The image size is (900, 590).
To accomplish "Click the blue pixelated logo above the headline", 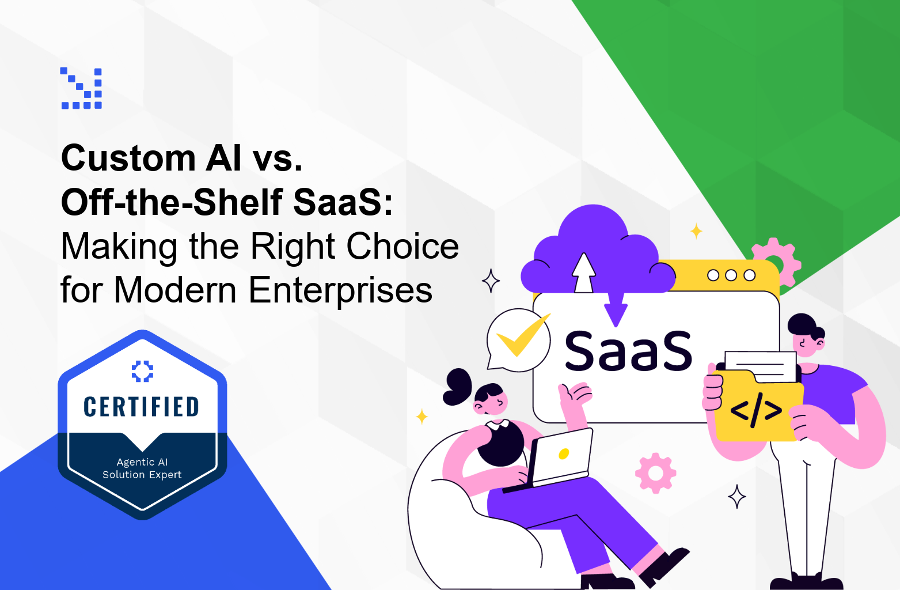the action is pos(81,88).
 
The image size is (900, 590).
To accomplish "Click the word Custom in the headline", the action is pos(128,158).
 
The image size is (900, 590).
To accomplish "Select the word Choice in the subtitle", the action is pos(402,246).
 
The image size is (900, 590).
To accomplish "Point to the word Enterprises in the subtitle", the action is pos(340,290).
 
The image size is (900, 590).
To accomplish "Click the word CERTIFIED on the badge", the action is pos(142,406).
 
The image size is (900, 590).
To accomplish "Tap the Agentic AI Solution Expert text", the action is pos(142,468).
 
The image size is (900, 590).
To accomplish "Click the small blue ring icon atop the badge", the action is pos(142,371).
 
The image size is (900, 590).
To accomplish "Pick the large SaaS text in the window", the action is pos(629,351).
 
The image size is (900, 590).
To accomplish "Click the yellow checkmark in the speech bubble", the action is pos(522,334).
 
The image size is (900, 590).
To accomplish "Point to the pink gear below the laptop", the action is pos(656,473).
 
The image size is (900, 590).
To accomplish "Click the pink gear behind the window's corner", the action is pos(777,261).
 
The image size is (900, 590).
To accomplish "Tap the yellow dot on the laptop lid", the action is pos(564,454).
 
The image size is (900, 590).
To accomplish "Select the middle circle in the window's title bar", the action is pos(731,275).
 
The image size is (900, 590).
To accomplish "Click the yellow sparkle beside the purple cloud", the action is pos(696,231).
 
